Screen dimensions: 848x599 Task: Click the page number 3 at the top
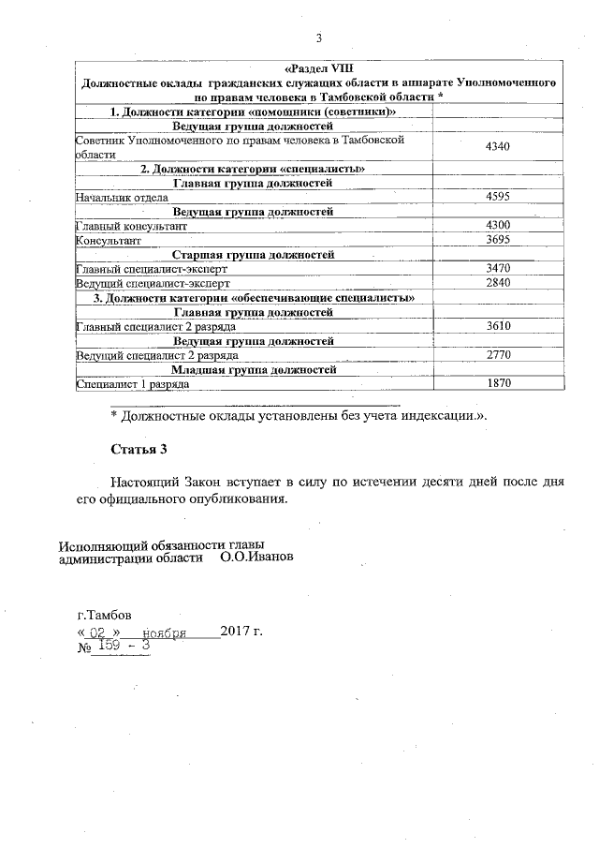coord(318,37)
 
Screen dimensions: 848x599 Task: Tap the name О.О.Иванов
coord(257,557)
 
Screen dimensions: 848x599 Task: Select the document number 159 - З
coord(124,646)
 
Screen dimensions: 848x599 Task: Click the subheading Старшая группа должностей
coord(253,255)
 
